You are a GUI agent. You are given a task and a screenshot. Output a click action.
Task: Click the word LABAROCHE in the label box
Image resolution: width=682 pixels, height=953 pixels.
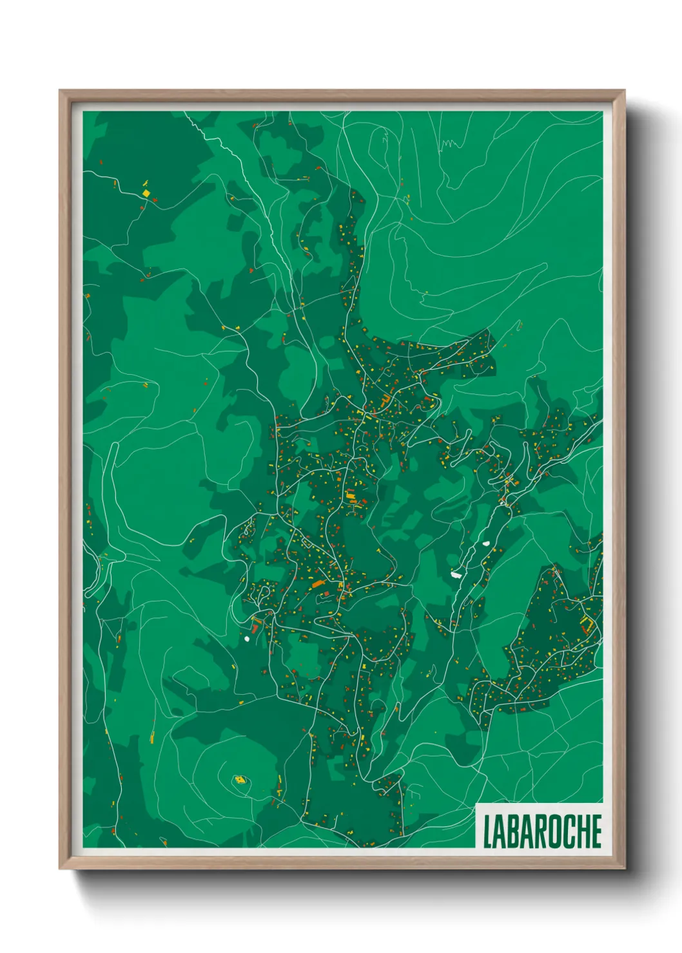[541, 831]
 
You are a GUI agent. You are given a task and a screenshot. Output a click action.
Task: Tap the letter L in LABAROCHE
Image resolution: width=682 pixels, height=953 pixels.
[487, 831]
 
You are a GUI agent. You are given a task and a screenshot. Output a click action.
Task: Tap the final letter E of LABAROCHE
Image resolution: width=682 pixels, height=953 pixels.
[596, 831]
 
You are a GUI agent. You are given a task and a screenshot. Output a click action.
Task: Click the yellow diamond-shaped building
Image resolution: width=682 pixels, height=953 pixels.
[146, 192]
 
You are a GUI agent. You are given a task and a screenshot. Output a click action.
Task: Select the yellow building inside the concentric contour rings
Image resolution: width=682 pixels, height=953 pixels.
[240, 780]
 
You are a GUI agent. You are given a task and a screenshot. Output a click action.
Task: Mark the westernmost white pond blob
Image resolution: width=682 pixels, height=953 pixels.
[247, 639]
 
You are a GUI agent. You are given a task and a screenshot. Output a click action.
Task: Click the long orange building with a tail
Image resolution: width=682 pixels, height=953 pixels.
[317, 584]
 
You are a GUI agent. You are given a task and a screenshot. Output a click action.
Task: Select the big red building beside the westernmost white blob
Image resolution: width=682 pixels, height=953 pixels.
[255, 623]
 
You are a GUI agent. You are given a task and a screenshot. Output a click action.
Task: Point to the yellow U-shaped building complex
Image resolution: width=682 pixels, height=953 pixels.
[587, 623]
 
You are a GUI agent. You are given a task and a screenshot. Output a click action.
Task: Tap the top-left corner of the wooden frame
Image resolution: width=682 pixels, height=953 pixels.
[61, 91]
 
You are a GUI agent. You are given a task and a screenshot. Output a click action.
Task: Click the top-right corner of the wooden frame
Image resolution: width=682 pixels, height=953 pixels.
[623, 91]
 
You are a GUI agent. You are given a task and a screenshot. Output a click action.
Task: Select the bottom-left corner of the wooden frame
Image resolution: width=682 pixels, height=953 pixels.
[61, 867]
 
